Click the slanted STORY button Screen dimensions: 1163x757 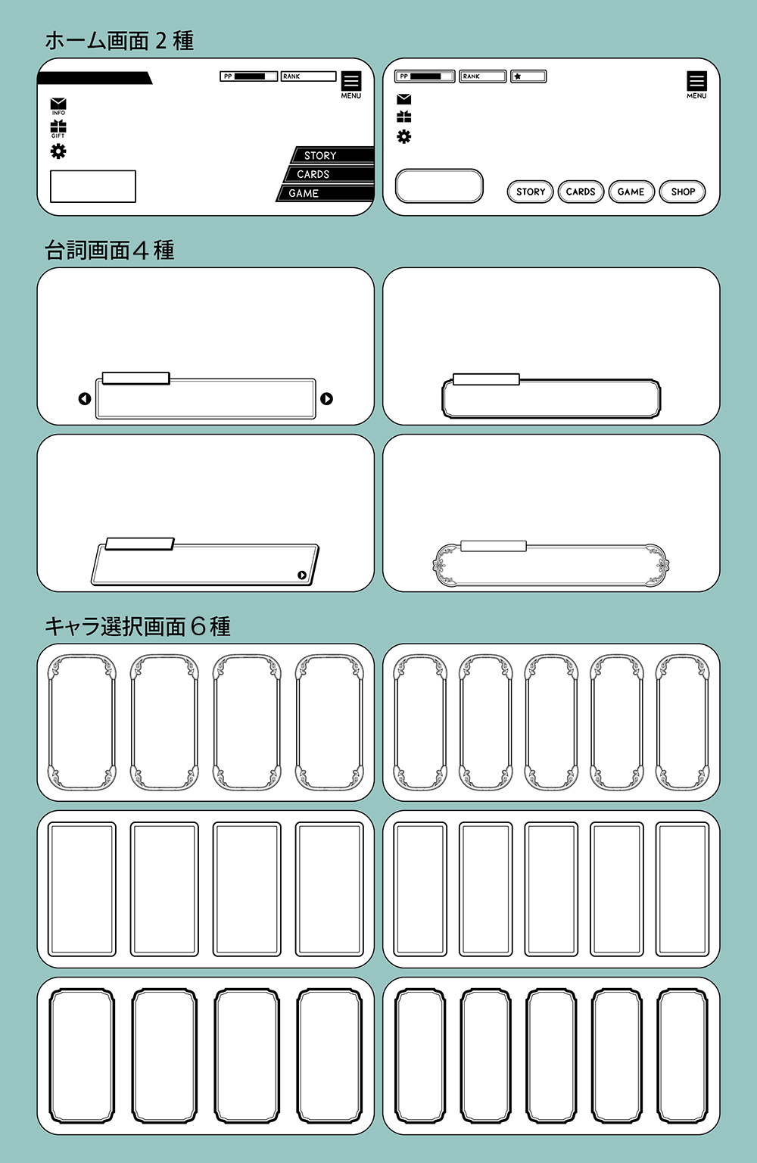point(332,155)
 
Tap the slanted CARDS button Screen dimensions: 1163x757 point(327,174)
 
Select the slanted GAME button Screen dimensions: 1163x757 point(324,193)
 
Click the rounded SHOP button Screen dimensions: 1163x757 point(682,192)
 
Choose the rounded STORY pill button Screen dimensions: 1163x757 point(530,192)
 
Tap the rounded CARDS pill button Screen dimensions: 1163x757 point(580,192)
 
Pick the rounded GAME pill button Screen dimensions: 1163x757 point(631,192)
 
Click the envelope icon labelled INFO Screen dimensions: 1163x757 point(58,104)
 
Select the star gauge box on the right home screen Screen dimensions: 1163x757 point(528,76)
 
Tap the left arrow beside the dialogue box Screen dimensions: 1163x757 point(85,399)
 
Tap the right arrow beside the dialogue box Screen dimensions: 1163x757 point(326,399)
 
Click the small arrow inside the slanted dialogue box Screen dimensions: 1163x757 point(302,575)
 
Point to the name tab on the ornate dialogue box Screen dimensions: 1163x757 point(493,546)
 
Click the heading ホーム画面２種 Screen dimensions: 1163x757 point(119,40)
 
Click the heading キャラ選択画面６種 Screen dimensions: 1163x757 point(137,626)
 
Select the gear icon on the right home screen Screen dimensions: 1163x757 point(404,136)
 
